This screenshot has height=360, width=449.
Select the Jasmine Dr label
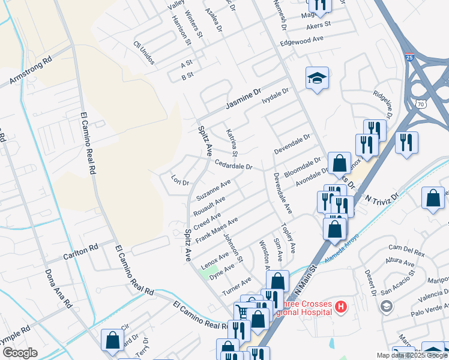click(244, 99)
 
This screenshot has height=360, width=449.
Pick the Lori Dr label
click(179, 180)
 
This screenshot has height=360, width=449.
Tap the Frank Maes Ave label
click(217, 229)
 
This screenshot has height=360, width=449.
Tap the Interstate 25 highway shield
click(409, 58)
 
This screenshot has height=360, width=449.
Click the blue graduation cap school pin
click(317, 78)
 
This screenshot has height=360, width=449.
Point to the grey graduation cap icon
click(387, 307)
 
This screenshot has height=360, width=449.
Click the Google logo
click(20, 353)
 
